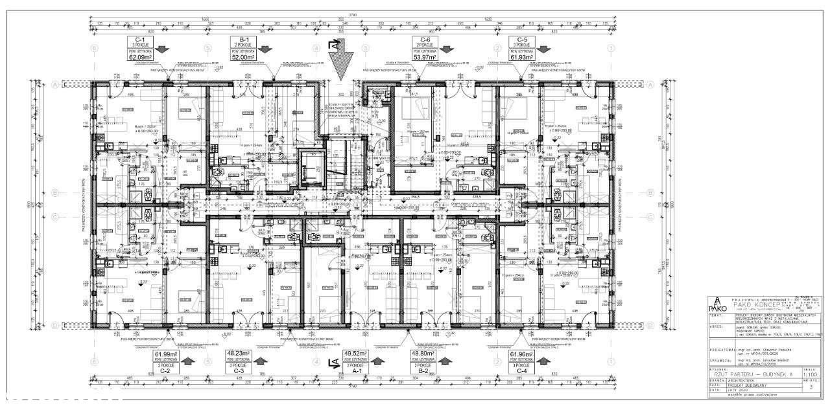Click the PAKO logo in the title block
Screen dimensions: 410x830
pyautogui.click(x=716, y=306)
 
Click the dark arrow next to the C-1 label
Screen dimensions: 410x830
pyautogui.click(x=161, y=49)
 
